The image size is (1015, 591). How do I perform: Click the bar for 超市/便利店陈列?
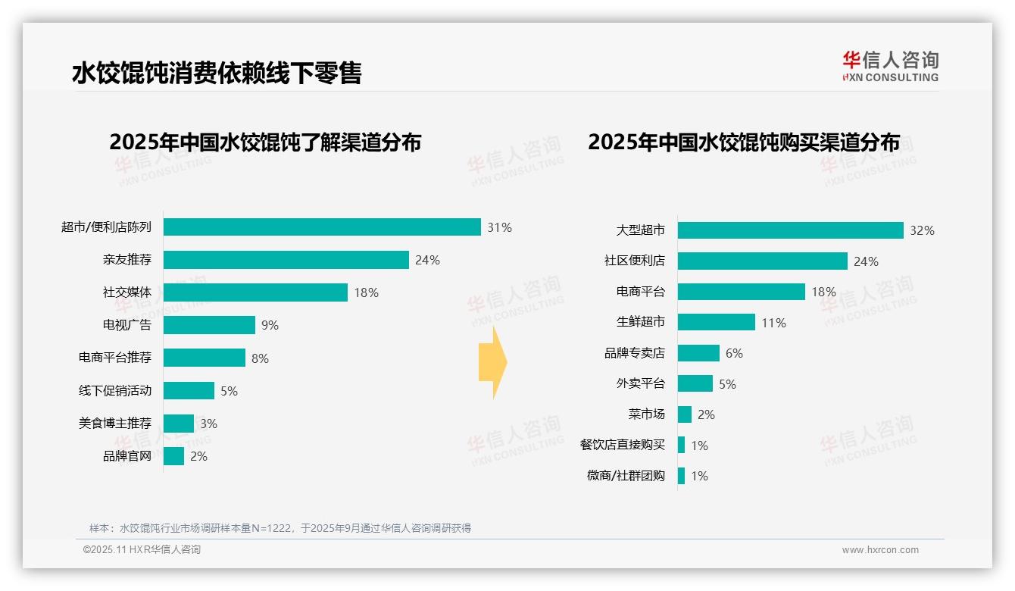coord(322,227)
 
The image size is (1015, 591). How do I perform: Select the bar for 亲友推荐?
coord(286,260)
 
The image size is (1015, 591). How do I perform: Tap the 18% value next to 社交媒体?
coord(366,292)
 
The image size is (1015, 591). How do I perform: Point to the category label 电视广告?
coord(126,325)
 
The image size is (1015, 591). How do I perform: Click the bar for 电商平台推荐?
coord(205,358)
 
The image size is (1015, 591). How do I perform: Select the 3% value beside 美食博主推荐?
coord(208,424)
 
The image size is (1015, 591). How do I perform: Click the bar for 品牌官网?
coord(173,456)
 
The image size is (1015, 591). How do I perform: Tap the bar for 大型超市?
coord(790,230)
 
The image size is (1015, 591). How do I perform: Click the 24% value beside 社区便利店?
coord(866,261)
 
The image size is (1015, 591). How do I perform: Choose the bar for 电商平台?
coord(741,292)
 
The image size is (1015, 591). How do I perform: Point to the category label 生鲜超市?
coord(640,322)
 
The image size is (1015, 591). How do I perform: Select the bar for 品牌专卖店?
coord(698,353)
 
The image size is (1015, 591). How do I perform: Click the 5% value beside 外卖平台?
coord(727,384)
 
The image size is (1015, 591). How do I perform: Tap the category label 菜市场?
coord(646,414)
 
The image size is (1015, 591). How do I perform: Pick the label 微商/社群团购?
coord(625,476)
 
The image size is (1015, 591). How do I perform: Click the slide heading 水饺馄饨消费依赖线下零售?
coord(217,73)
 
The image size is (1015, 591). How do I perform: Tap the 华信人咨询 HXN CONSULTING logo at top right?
coord(890,67)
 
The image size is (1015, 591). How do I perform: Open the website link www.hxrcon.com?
coord(879,550)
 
